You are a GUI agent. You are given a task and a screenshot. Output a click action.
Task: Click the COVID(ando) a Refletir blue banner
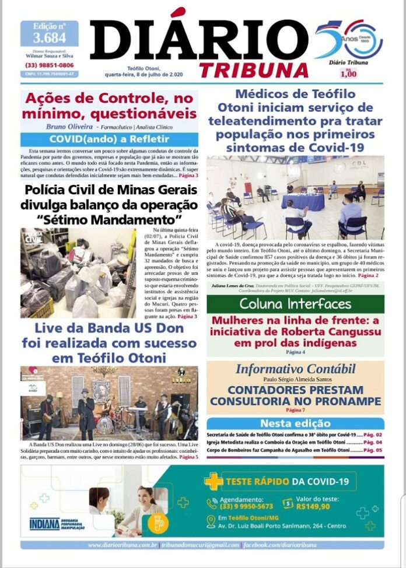click(109, 139)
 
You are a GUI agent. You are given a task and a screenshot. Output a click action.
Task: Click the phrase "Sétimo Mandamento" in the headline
click(109, 220)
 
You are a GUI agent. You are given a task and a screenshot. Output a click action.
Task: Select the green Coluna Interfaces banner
click(295, 304)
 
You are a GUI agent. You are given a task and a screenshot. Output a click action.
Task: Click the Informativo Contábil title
click(295, 369)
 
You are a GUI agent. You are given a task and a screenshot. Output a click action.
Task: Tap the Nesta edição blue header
click(295, 423)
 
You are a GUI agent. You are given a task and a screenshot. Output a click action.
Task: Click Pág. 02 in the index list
click(373, 435)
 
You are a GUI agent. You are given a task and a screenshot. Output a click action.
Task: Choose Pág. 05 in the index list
click(373, 450)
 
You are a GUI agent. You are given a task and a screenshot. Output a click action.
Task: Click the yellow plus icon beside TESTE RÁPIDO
click(213, 481)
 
